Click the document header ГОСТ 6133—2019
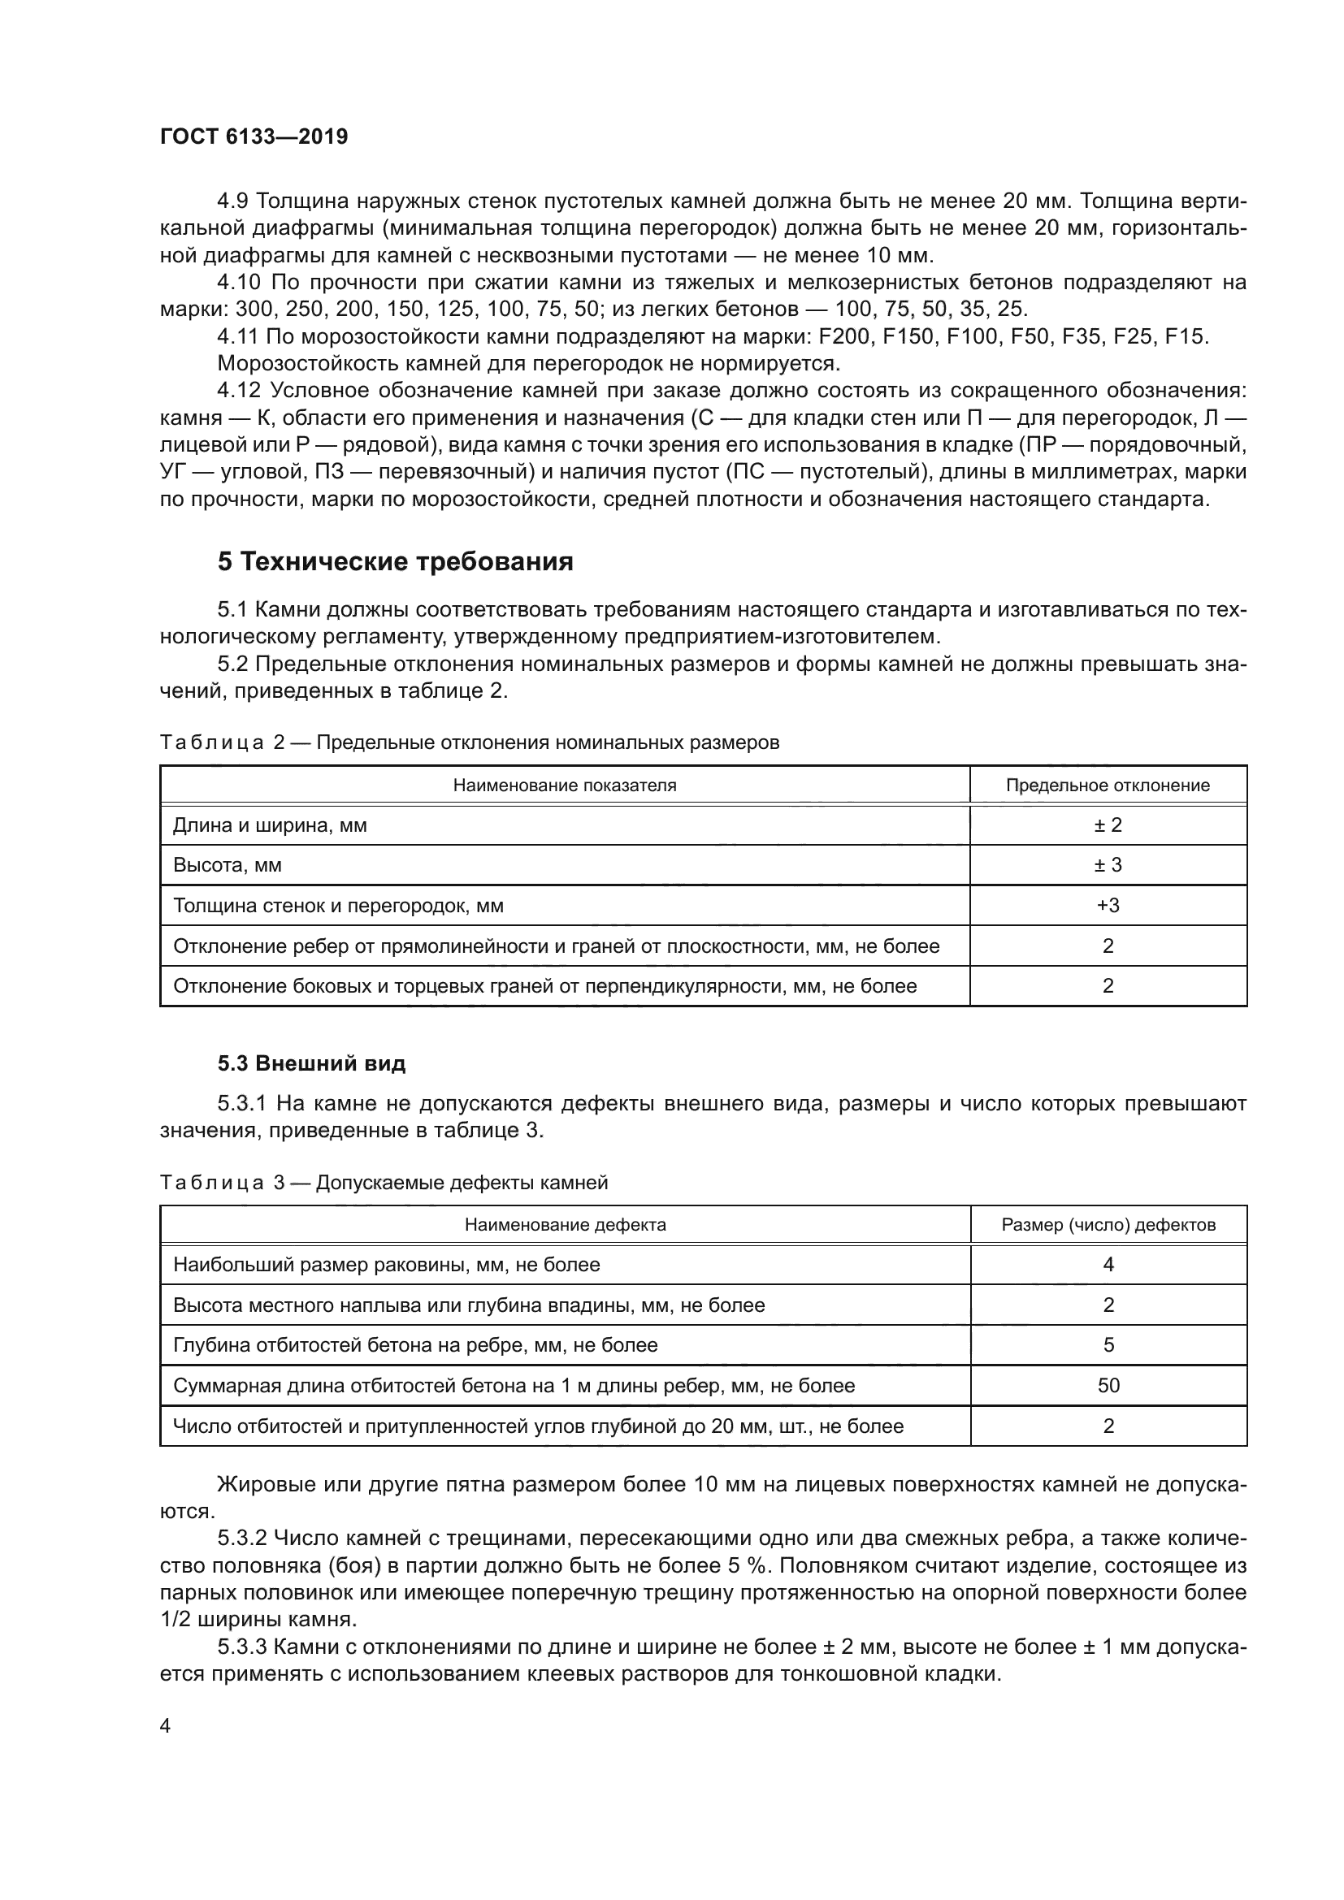click(254, 136)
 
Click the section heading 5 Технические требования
click(395, 562)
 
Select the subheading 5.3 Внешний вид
click(311, 1063)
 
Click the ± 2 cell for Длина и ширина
click(1108, 825)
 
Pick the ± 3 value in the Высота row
click(1108, 865)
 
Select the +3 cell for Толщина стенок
click(1108, 905)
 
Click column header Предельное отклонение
click(1108, 786)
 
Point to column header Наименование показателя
click(565, 786)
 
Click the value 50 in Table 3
click(1108, 1385)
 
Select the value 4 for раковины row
click(1108, 1265)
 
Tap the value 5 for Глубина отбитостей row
click(1108, 1344)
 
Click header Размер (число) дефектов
click(1108, 1225)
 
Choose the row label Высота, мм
click(228, 866)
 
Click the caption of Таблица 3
click(384, 1183)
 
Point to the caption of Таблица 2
click(468, 742)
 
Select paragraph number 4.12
click(240, 391)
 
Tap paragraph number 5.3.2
click(241, 1539)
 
